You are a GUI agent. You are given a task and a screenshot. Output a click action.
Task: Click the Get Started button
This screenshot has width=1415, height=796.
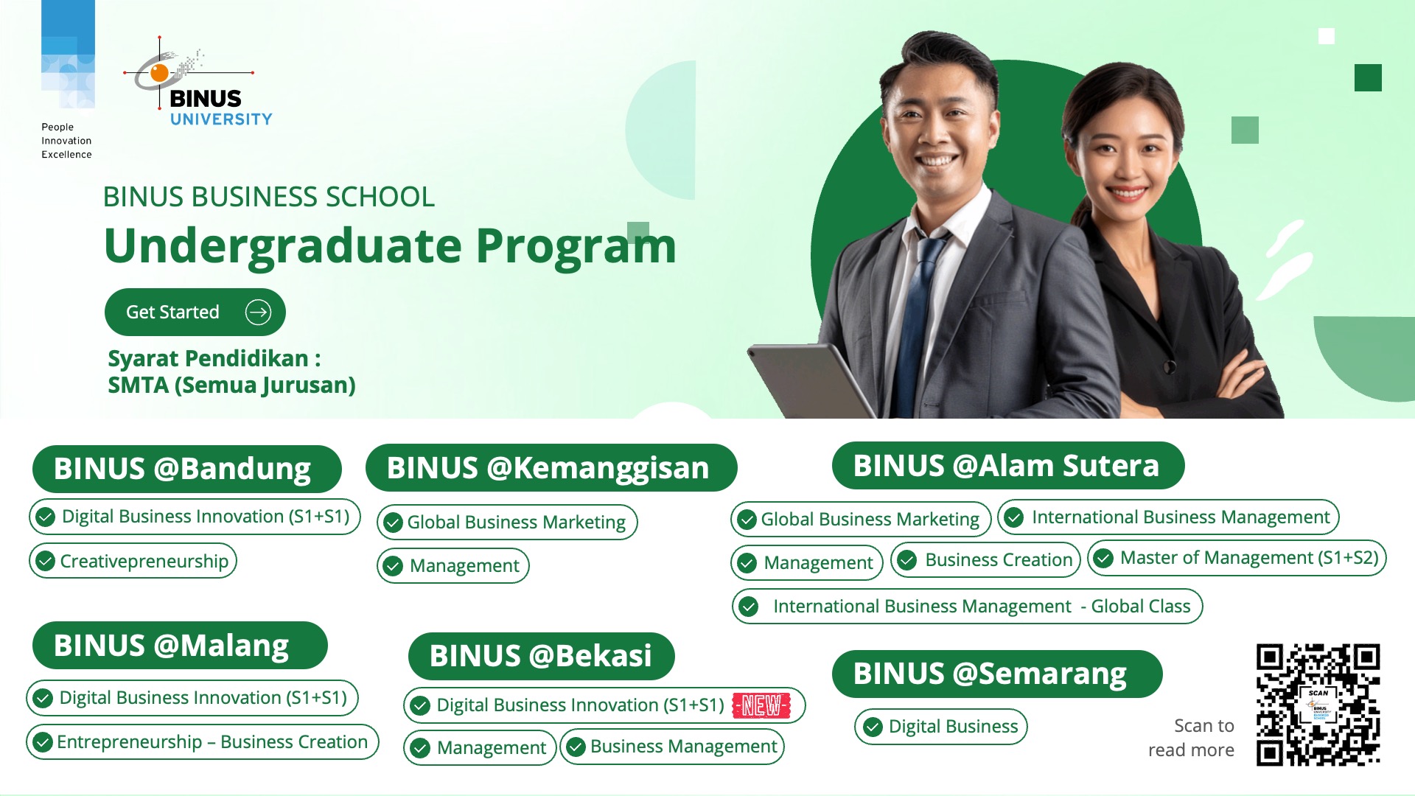pos(195,312)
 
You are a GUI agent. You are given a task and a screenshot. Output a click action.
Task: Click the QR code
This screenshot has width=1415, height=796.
pos(1318,705)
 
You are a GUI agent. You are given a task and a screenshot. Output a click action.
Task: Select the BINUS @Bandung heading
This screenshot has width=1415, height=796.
pos(186,469)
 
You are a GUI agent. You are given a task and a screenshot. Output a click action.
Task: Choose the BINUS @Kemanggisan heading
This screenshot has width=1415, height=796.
pos(551,468)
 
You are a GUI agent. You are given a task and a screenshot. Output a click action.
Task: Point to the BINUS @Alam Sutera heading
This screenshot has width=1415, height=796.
pos(1008,466)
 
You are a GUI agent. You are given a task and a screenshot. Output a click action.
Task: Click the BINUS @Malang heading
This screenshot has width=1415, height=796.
pos(180,646)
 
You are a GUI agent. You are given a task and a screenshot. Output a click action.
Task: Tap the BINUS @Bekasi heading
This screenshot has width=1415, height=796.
pos(542,656)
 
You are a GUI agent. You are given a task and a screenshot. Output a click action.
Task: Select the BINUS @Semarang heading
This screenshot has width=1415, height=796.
pos(997,674)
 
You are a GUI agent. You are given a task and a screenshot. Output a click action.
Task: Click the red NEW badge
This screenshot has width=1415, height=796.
pos(761,705)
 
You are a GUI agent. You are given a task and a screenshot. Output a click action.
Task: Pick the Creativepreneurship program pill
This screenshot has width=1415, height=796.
pos(133,561)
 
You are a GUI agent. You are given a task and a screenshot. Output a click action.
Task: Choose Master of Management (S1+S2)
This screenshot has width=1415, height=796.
pos(1237,558)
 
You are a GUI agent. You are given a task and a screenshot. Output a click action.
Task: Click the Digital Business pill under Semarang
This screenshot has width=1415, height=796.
pos(941,727)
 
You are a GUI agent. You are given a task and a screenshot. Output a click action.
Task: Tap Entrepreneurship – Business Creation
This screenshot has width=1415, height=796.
pos(203,741)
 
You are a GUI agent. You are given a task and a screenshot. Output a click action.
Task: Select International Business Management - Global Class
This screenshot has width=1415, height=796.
pos(967,607)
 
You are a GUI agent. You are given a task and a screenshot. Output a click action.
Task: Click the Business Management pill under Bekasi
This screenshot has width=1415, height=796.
pos(672,747)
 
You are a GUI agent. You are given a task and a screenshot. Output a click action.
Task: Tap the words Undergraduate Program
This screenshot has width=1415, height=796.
pos(390,245)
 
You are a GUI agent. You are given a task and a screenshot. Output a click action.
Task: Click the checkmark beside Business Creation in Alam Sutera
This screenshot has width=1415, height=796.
pos(907,560)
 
